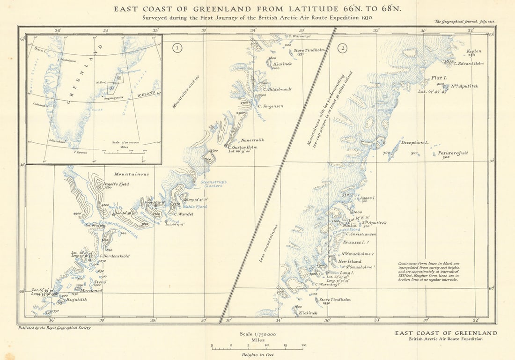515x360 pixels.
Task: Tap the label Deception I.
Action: [x=415, y=142]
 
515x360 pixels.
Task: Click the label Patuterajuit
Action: [x=453, y=153]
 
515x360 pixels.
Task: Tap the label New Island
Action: [x=350, y=261]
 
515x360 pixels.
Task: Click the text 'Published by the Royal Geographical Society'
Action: [x=54, y=328]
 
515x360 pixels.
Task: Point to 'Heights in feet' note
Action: [x=258, y=355]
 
